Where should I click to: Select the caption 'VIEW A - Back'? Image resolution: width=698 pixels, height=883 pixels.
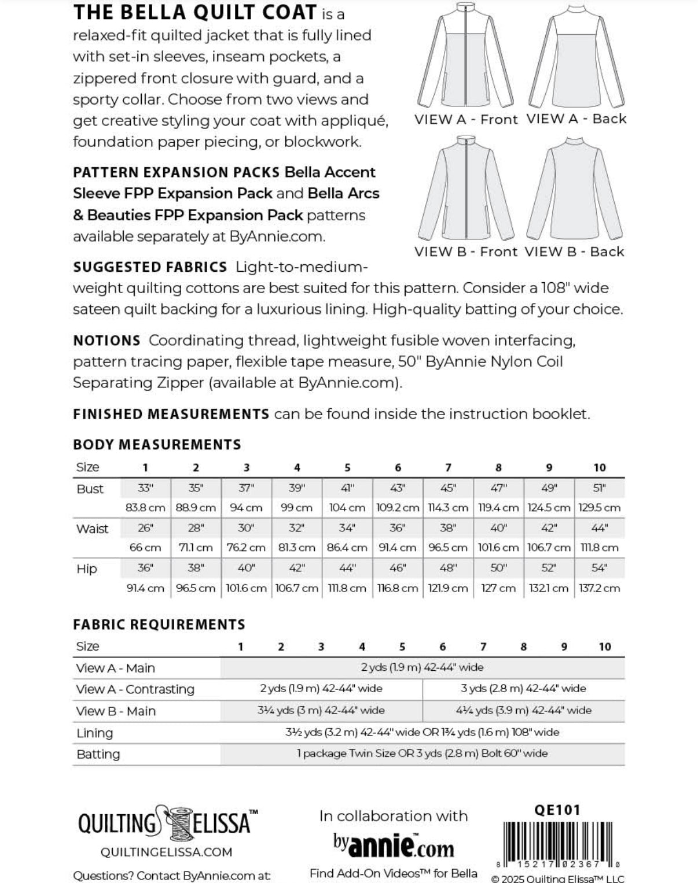576,119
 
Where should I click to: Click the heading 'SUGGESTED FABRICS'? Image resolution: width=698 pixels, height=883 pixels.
150,267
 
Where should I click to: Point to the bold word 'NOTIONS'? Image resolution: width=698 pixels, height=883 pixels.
106,341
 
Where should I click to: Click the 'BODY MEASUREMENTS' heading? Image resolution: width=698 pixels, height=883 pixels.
157,445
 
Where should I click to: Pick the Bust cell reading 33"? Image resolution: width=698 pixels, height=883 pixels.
145,488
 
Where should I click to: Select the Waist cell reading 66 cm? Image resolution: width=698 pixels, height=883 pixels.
145,548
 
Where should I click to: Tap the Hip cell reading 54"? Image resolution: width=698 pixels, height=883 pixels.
600,568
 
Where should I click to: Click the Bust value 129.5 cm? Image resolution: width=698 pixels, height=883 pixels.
600,508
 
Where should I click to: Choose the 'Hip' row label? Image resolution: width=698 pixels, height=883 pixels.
86,569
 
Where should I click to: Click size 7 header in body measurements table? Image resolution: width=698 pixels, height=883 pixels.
448,467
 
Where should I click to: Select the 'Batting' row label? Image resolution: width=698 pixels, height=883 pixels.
98,754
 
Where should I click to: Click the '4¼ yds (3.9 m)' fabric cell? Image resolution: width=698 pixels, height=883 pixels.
524,710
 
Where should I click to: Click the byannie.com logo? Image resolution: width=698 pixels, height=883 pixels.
393,845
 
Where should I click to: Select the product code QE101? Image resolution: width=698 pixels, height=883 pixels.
557,810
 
